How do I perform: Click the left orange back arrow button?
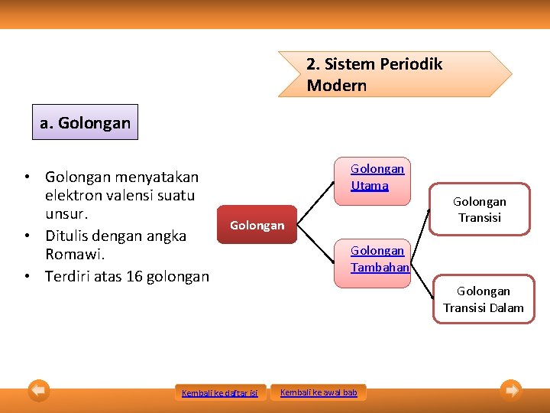[x=39, y=391]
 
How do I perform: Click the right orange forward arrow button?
[x=511, y=391]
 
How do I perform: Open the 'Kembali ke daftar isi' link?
[x=219, y=393]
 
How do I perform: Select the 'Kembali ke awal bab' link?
[x=319, y=392]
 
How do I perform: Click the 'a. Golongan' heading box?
[x=85, y=122]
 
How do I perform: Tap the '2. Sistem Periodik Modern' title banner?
[x=393, y=74]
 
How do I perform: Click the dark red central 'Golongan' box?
[x=257, y=225]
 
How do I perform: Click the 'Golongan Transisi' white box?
[x=479, y=210]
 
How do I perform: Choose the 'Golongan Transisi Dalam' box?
[x=483, y=299]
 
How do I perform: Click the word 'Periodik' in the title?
[x=410, y=64]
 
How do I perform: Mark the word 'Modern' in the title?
[x=337, y=86]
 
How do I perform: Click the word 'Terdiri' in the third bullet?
[x=70, y=276]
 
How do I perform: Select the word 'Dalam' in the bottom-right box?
[x=507, y=307]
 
